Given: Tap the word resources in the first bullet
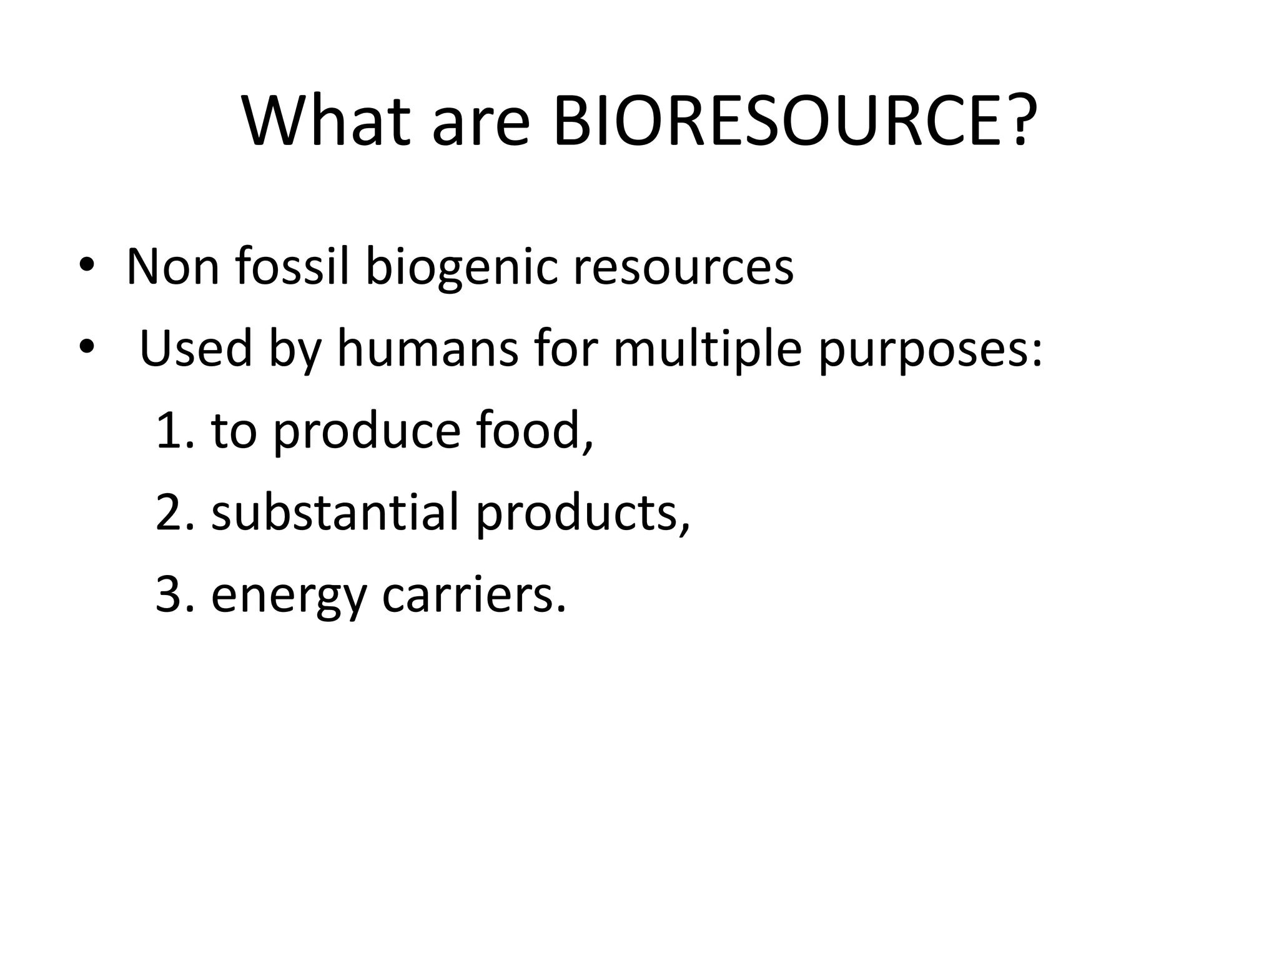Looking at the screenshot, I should [683, 267].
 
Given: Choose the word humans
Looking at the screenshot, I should [428, 349].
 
